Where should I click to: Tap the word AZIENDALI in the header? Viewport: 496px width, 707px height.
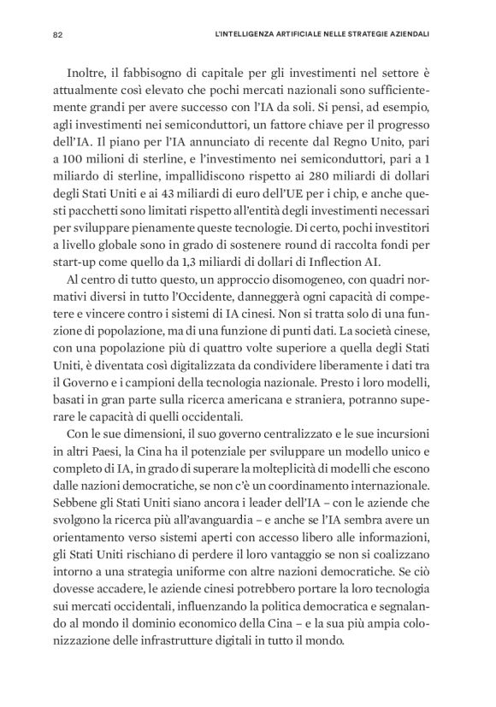pos(404,35)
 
